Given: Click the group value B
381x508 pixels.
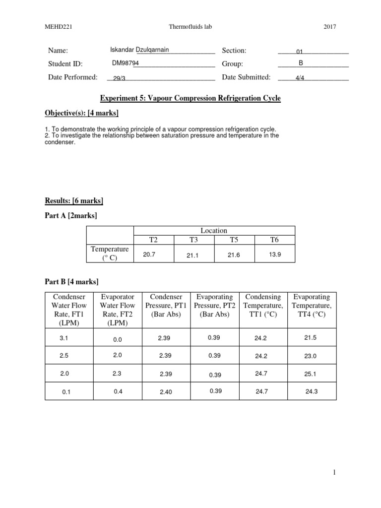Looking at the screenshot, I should pos(301,63).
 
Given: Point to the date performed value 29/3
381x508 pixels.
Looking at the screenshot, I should pos(119,78).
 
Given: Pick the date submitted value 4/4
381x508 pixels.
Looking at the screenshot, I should pos(300,78).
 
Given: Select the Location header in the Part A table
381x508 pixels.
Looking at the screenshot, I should pos(214,231).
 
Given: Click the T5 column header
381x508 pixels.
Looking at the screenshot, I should pos(234,240).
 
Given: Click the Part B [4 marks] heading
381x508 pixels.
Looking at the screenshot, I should pos(71,282).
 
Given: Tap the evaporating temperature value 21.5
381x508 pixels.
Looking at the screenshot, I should pos(310,337).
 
